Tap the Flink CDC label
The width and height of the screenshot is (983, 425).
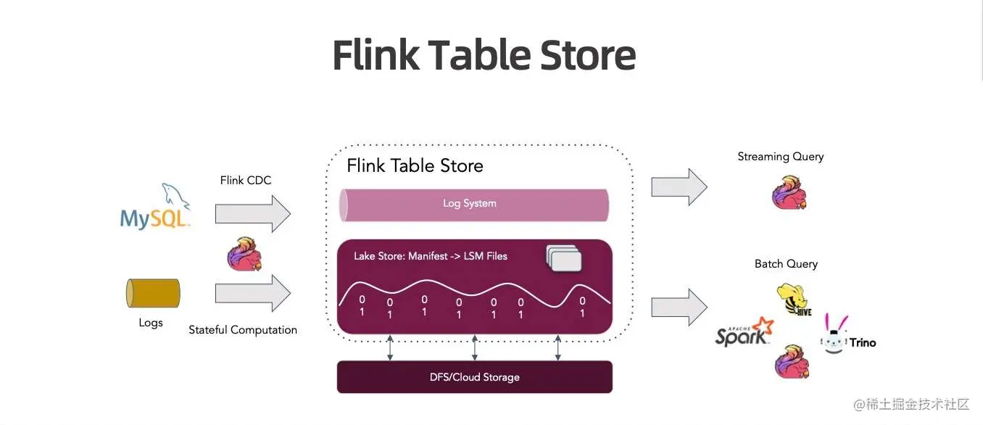point(246,180)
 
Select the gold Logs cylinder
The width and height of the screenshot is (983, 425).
point(153,293)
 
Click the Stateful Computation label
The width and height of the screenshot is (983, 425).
point(243,330)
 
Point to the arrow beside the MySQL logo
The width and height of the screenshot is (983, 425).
point(252,215)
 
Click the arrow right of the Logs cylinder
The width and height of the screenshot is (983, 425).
point(252,294)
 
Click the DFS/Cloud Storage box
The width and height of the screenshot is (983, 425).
point(474,377)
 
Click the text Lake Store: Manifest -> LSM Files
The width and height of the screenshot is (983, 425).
point(431,256)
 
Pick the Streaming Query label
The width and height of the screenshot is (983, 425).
point(780,157)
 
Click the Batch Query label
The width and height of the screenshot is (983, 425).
point(786,264)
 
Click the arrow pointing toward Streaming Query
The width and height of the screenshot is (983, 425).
point(679,187)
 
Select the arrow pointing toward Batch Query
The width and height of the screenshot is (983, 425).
point(679,307)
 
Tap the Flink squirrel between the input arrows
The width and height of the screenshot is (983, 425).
point(244,254)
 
